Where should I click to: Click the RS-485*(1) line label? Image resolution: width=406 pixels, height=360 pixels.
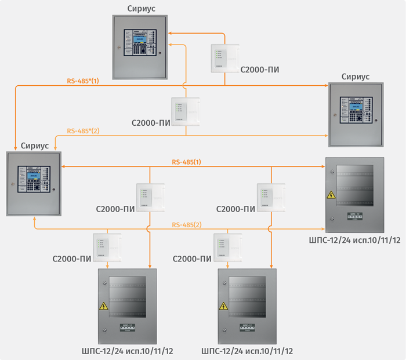[83, 81]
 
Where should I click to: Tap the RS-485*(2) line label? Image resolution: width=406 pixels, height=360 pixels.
[83, 131]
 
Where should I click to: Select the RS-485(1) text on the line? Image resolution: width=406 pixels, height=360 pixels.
[186, 161]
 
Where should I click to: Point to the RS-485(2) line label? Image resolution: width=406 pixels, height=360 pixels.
[186, 224]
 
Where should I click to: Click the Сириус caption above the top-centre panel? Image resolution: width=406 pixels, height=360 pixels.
[141, 8]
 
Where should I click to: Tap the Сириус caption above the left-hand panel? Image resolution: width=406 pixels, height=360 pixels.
[34, 146]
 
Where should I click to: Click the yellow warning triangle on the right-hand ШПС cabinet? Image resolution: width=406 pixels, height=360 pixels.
[332, 195]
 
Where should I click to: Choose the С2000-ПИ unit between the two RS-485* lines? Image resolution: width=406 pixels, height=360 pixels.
[186, 110]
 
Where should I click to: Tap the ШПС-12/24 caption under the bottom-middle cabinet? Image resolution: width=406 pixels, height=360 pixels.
[246, 351]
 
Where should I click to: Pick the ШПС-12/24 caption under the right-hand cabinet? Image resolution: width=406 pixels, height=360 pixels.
[355, 239]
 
